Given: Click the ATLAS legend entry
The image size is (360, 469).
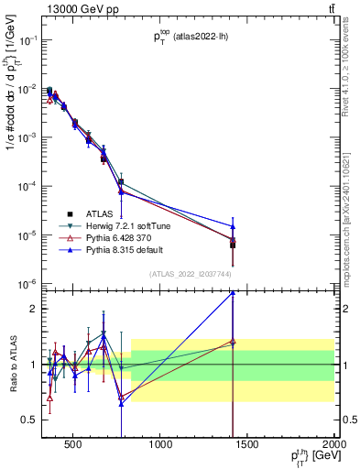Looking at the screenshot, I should click(98, 213).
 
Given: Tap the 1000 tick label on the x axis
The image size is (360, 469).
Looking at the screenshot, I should click(161, 447).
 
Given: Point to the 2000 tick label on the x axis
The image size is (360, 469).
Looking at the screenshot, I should click(333, 447).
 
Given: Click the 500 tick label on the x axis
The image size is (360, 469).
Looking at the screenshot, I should click(75, 447).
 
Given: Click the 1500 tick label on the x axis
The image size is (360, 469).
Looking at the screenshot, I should click(247, 447).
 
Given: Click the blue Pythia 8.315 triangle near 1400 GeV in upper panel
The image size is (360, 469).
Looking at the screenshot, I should click(233, 226).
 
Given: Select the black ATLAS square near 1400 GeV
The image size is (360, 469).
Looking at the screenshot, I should click(233, 245).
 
